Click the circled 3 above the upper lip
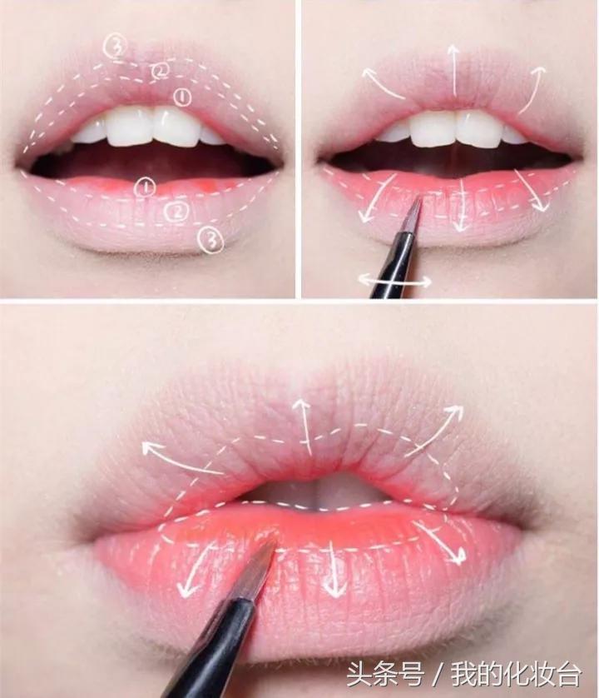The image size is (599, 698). (116, 47)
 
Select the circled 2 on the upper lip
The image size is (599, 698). (160, 70)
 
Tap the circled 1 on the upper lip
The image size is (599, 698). (182, 97)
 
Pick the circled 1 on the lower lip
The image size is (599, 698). (145, 187)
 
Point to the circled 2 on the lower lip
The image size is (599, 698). (178, 211)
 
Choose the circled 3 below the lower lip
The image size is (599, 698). (211, 240)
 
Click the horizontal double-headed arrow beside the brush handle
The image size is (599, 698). (395, 281)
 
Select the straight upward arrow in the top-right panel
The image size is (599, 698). (453, 70)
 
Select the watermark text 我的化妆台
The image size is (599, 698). (517, 674)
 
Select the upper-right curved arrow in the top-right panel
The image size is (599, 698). (533, 88)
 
